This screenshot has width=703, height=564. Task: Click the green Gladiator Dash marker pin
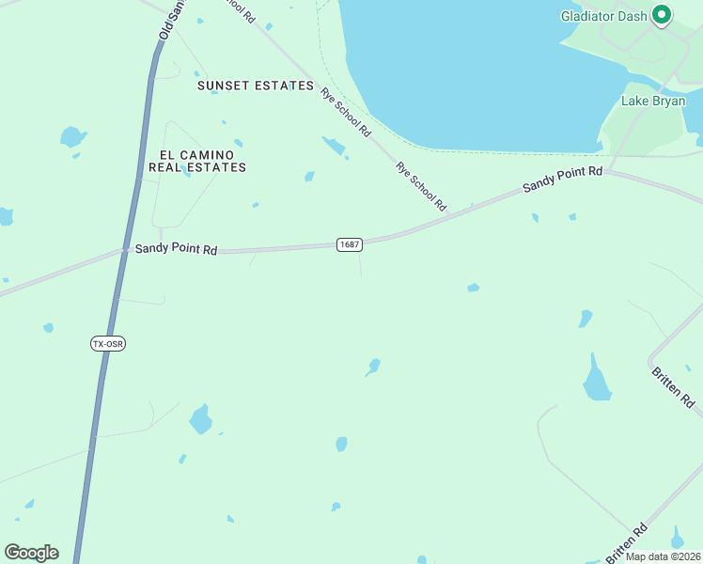click(x=662, y=14)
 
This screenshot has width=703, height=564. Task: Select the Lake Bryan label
click(x=653, y=101)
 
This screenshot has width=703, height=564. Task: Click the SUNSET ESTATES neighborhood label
click(x=255, y=86)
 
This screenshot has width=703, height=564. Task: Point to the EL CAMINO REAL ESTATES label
click(x=197, y=161)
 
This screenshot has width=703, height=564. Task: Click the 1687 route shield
click(x=349, y=244)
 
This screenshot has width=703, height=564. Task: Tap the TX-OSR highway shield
click(x=108, y=344)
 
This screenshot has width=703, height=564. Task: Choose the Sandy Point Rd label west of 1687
click(x=176, y=249)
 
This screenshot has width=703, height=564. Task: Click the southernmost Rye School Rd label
click(x=421, y=186)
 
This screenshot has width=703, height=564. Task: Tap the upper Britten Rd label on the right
click(x=673, y=386)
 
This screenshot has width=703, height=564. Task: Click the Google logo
click(x=31, y=553)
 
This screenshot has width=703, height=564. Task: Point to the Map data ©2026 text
click(x=662, y=556)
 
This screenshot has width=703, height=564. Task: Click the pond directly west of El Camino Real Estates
click(x=72, y=137)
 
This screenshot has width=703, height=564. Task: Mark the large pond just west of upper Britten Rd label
click(x=596, y=381)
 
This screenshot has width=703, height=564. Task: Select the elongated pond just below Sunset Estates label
click(x=334, y=146)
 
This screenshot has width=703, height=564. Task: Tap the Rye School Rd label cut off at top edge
click(x=237, y=9)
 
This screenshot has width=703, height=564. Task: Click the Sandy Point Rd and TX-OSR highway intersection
click(x=124, y=250)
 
